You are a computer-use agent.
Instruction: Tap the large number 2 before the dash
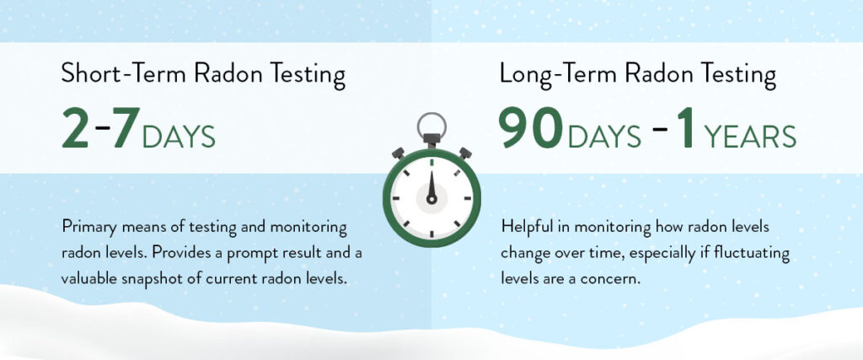[75, 127]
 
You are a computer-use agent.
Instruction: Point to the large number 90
[531, 127]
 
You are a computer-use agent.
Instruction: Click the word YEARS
[749, 137]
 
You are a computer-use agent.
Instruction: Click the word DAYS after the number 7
[179, 137]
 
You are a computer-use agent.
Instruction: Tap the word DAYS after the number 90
[604, 137]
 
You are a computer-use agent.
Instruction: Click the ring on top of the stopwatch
[431, 114]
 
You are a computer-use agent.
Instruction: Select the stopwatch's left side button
[399, 153]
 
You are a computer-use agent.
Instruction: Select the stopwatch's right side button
[465, 153]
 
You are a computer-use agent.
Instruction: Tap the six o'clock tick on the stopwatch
[431, 234]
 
